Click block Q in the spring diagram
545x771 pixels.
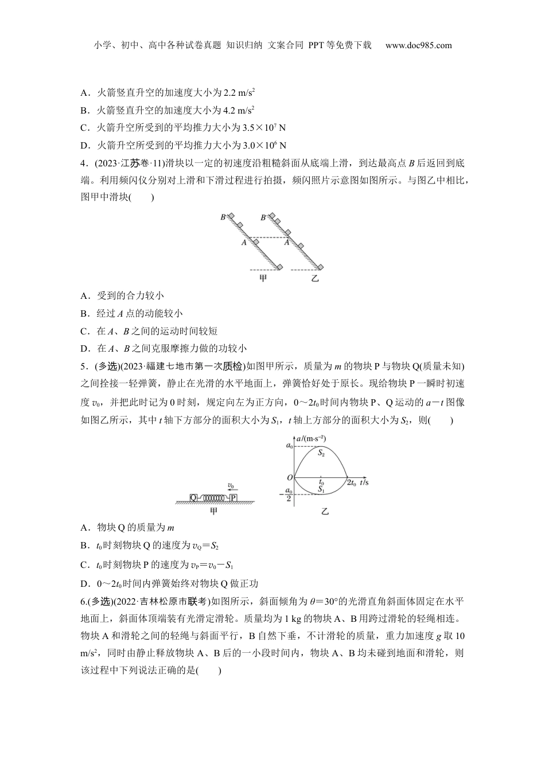tap(193, 497)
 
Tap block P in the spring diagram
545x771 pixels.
tap(233, 497)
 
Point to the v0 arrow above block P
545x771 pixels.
tap(231, 487)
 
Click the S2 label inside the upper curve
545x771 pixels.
tap(321, 453)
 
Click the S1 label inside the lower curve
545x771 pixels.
tap(321, 489)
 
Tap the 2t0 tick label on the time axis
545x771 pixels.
tap(351, 484)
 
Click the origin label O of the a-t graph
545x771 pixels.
tap(290, 477)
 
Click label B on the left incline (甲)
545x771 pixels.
tap(223, 217)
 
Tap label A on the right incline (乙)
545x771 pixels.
tap(286, 243)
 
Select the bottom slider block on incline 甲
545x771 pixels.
tap(279, 267)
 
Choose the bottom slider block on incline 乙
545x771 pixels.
tap(320, 267)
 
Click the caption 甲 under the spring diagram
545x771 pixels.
tap(213, 511)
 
